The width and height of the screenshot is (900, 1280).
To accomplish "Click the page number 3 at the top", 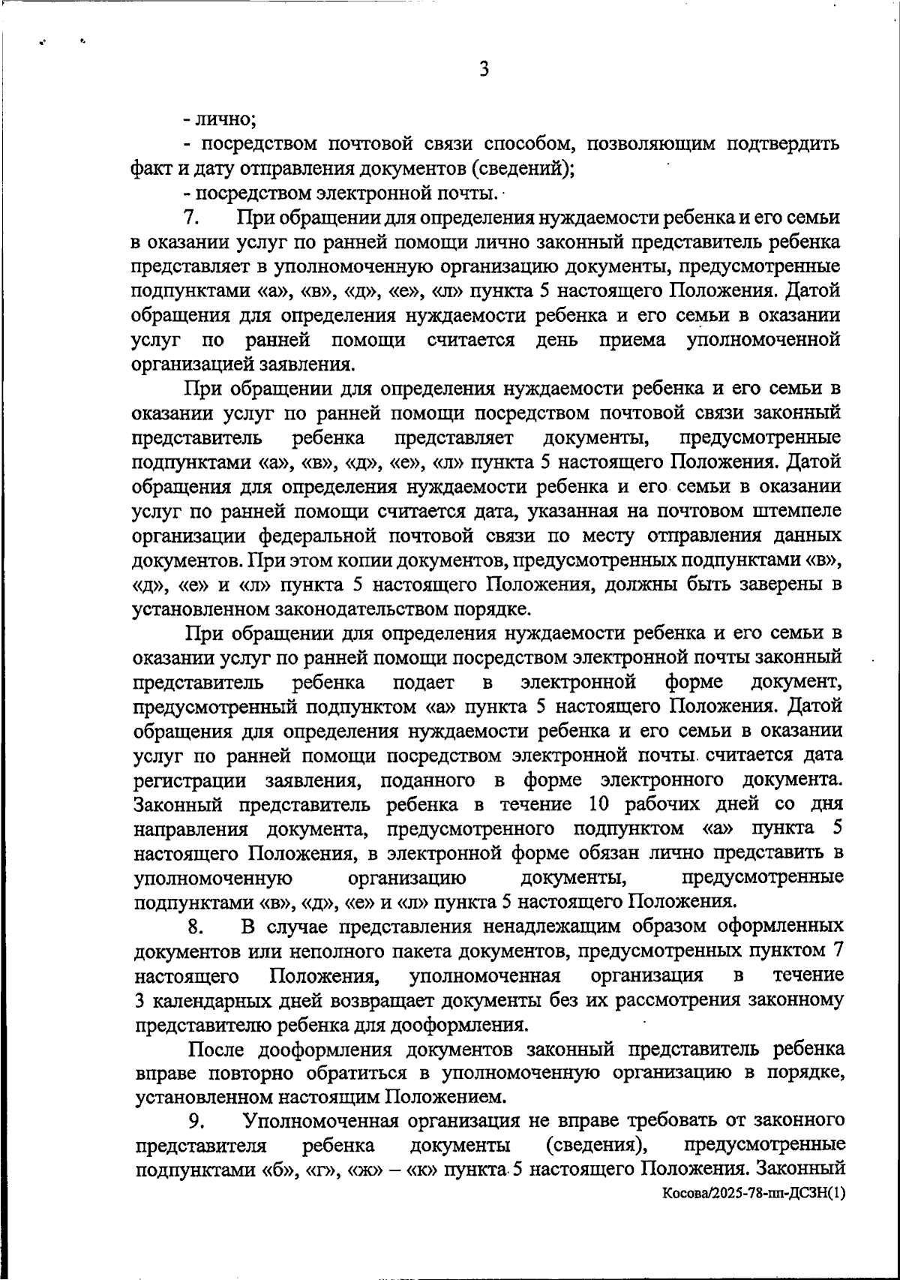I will coord(483,70).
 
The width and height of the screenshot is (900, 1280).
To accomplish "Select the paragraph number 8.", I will coord(196,926).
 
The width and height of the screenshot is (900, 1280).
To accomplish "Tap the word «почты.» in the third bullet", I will coord(469,193).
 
